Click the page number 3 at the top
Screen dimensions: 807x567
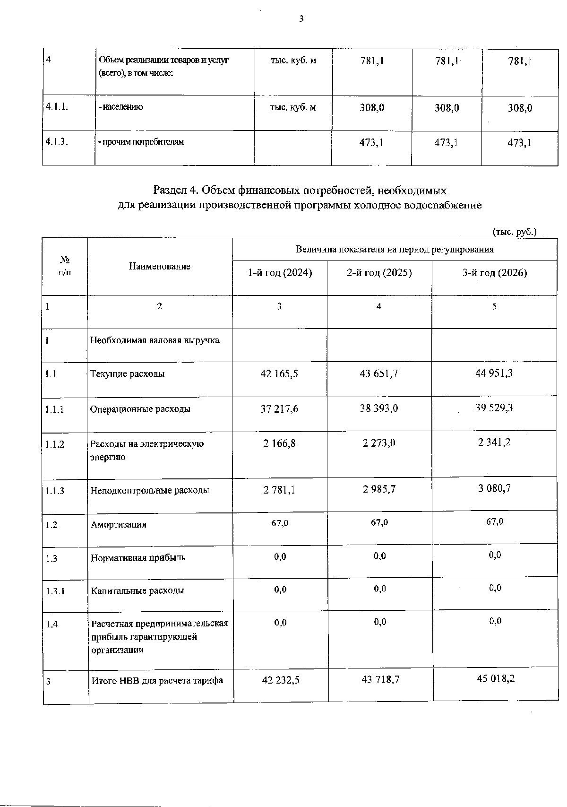pyautogui.click(x=301, y=19)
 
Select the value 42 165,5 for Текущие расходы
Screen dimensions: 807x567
pyautogui.click(x=279, y=373)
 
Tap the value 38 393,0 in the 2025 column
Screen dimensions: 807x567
pyautogui.click(x=379, y=408)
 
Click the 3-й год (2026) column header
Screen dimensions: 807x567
pyautogui.click(x=494, y=273)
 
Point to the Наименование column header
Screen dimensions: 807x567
pyautogui.click(x=160, y=267)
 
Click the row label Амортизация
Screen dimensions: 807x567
pyautogui.click(x=119, y=524)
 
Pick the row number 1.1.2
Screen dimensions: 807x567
pyautogui.click(x=55, y=444)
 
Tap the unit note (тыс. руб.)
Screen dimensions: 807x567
pyautogui.click(x=514, y=232)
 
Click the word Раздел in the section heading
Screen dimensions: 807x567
pyautogui.click(x=170, y=191)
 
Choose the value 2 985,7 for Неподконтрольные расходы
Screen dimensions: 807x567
pyautogui.click(x=379, y=489)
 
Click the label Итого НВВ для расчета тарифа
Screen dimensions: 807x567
pyautogui.click(x=157, y=681)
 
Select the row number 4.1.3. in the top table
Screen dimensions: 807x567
pyautogui.click(x=56, y=141)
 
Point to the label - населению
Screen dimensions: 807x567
pyautogui.click(x=120, y=107)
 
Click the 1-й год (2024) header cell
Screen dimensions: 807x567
pyautogui.click(x=280, y=273)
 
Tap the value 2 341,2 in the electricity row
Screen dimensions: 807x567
pyautogui.click(x=494, y=443)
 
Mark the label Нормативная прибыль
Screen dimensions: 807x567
pyautogui.click(x=138, y=557)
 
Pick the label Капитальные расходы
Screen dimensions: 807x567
pyautogui.click(x=137, y=590)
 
